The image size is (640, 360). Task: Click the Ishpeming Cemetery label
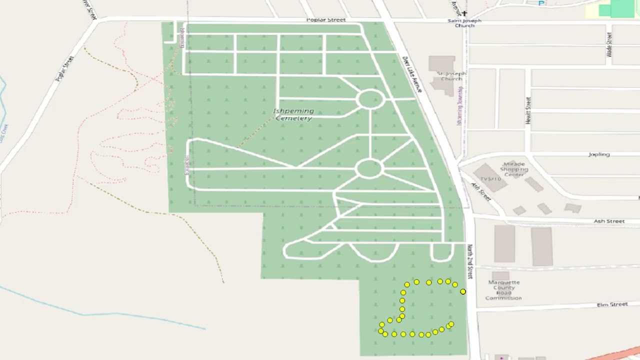pos(294,114)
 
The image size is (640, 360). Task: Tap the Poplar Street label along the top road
pos(326,20)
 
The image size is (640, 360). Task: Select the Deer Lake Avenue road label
pos(412,74)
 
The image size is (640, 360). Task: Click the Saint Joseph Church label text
pos(464,23)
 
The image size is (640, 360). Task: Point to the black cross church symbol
pos(464,14)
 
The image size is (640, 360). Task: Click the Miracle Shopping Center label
pos(514,169)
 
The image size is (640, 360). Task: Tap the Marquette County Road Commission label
pos(503,290)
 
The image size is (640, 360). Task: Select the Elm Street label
pos(612,304)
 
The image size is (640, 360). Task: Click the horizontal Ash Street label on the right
pos(609,221)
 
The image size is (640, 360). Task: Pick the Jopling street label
pos(599,154)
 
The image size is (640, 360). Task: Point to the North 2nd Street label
pos(469,261)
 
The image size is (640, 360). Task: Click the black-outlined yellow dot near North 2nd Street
pos(463,291)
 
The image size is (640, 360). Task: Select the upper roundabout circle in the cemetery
pos(370,99)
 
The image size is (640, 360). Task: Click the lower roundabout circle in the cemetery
pos(369,168)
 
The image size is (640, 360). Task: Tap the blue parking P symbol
pos(541,3)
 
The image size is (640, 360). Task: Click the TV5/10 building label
pos(490,179)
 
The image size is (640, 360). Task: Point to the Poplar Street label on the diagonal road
pos(64,69)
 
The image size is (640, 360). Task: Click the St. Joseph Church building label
pos(451,76)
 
